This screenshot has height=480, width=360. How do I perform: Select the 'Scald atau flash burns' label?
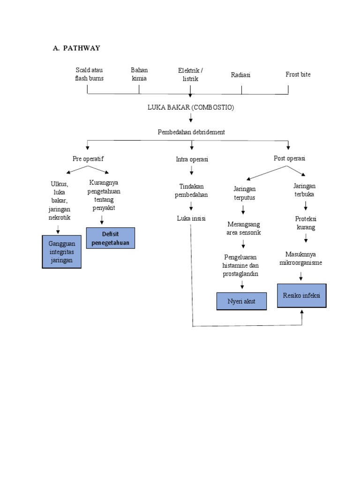tap(89, 74)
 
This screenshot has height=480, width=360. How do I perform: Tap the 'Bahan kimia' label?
tap(139, 74)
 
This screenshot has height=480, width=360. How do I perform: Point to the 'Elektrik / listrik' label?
tap(190, 75)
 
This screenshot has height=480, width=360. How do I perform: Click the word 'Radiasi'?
tap(240, 75)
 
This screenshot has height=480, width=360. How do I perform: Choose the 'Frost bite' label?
tap(298, 75)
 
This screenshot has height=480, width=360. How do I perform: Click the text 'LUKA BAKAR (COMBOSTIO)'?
tap(190, 107)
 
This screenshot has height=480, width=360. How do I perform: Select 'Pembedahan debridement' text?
tap(191, 132)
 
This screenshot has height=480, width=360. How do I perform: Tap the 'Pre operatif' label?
tap(88, 159)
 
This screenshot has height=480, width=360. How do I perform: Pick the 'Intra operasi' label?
tap(192, 159)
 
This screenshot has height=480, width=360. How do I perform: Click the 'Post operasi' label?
tap(289, 158)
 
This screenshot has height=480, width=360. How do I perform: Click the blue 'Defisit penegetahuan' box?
tap(111, 238)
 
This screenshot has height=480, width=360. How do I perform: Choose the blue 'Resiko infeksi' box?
tap(301, 295)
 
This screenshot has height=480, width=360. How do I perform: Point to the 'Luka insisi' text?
tap(191, 218)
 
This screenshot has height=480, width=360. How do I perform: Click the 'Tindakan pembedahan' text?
tap(191, 190)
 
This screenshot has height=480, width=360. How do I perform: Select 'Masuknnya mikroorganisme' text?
tap(300, 258)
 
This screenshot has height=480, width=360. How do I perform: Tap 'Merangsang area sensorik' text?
tap(243, 228)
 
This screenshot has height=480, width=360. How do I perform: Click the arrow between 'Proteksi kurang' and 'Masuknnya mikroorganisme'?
tap(305, 239)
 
